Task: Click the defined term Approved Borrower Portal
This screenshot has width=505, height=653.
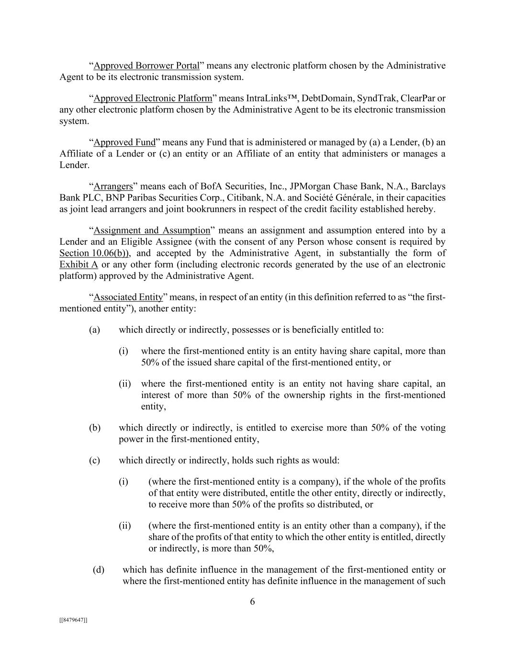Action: tap(146, 66)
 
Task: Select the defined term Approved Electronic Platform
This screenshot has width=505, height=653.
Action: tap(152, 98)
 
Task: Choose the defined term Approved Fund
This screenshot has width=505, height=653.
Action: tap(124, 142)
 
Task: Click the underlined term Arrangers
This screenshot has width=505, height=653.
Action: tap(113, 186)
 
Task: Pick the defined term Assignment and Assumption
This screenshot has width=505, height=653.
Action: tap(152, 230)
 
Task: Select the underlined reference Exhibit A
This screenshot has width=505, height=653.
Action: tap(79, 265)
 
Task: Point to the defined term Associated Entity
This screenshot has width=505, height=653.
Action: tap(128, 297)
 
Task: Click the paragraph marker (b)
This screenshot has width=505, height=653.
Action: tap(94, 428)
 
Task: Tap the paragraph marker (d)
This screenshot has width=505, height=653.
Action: tap(98, 570)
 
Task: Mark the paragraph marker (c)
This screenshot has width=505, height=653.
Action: tap(94, 460)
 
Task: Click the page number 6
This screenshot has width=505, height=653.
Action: tap(252, 602)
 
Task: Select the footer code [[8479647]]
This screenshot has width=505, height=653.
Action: tap(73, 620)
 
